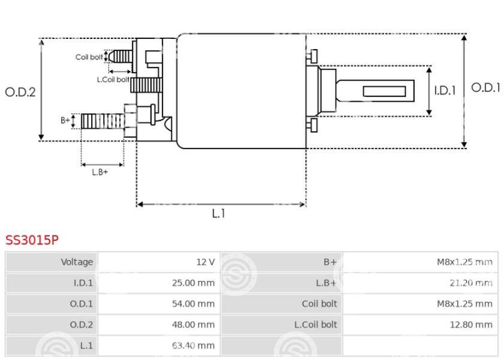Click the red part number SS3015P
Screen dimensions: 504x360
click(x=32, y=240)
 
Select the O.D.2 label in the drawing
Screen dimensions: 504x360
click(x=20, y=92)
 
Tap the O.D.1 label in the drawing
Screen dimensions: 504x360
click(x=485, y=87)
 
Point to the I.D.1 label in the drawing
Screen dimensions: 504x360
click(x=445, y=91)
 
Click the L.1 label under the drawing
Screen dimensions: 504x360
click(x=219, y=214)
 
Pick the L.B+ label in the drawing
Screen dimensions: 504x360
click(x=100, y=172)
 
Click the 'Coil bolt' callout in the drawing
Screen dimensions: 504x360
click(x=89, y=57)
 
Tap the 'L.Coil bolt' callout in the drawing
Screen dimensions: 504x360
click(x=113, y=79)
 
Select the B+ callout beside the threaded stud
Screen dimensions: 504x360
click(x=65, y=120)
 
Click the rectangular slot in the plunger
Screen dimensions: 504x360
click(x=384, y=91)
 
